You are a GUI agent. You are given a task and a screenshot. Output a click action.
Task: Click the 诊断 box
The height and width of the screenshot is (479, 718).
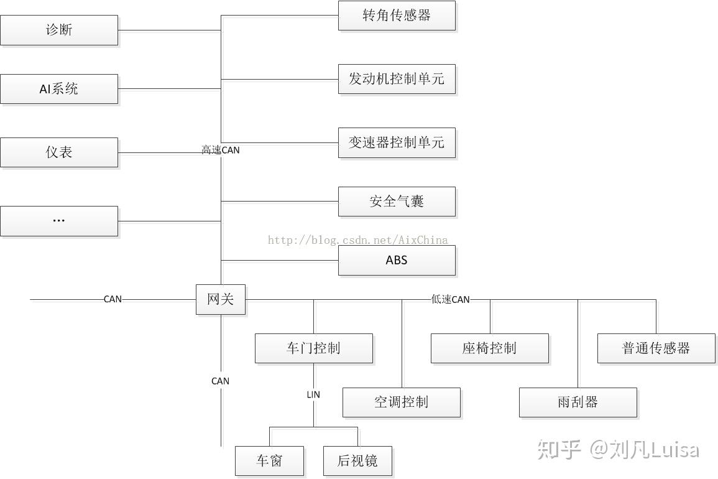click(x=59, y=30)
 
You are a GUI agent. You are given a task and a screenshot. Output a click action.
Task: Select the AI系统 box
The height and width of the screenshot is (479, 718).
click(x=59, y=89)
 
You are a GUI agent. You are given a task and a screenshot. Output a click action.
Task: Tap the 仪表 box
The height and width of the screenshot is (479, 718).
click(x=59, y=152)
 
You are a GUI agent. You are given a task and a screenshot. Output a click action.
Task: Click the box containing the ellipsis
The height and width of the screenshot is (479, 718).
click(x=59, y=221)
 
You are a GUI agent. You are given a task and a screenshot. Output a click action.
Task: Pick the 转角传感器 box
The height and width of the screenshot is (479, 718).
click(x=397, y=16)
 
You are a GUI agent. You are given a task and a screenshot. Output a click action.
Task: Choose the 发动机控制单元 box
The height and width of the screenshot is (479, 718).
click(x=397, y=79)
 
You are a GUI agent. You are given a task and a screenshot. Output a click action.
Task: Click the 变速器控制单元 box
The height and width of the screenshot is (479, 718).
click(x=397, y=142)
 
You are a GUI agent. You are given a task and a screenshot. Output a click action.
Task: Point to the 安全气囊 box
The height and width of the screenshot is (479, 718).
click(x=397, y=202)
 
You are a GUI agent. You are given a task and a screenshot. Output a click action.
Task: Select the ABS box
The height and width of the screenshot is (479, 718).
click(x=397, y=260)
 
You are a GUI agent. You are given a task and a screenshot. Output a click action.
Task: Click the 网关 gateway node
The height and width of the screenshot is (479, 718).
click(x=221, y=299)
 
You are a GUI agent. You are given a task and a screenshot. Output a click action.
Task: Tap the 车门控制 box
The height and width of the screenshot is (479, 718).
click(x=313, y=348)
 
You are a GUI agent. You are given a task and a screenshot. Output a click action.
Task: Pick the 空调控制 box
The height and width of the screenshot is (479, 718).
click(x=401, y=402)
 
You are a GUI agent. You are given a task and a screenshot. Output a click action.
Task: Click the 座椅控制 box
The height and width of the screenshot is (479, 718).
click(x=489, y=348)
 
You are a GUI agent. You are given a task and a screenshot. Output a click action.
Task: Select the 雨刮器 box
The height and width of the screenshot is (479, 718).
click(x=578, y=402)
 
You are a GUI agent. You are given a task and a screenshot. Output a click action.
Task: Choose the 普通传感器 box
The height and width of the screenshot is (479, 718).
click(x=656, y=348)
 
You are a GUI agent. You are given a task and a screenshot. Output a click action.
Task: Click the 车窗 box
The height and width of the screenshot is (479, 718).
click(x=269, y=461)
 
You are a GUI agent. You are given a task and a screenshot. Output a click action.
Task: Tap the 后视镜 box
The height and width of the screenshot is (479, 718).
click(x=357, y=461)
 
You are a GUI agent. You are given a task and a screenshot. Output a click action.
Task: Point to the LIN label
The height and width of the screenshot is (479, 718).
click(x=313, y=394)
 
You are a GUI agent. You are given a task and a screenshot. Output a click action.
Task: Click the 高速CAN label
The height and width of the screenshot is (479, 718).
click(x=221, y=150)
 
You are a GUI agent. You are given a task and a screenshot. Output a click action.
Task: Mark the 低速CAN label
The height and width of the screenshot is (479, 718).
click(x=451, y=299)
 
